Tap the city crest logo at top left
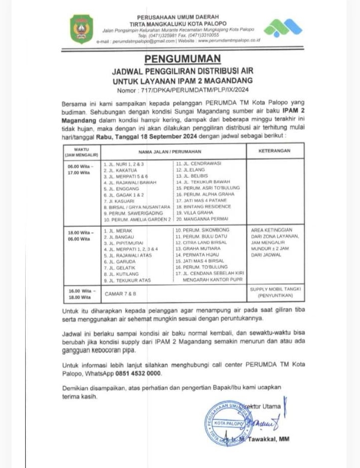tap(82, 29)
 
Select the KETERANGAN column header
tap(274, 151)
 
